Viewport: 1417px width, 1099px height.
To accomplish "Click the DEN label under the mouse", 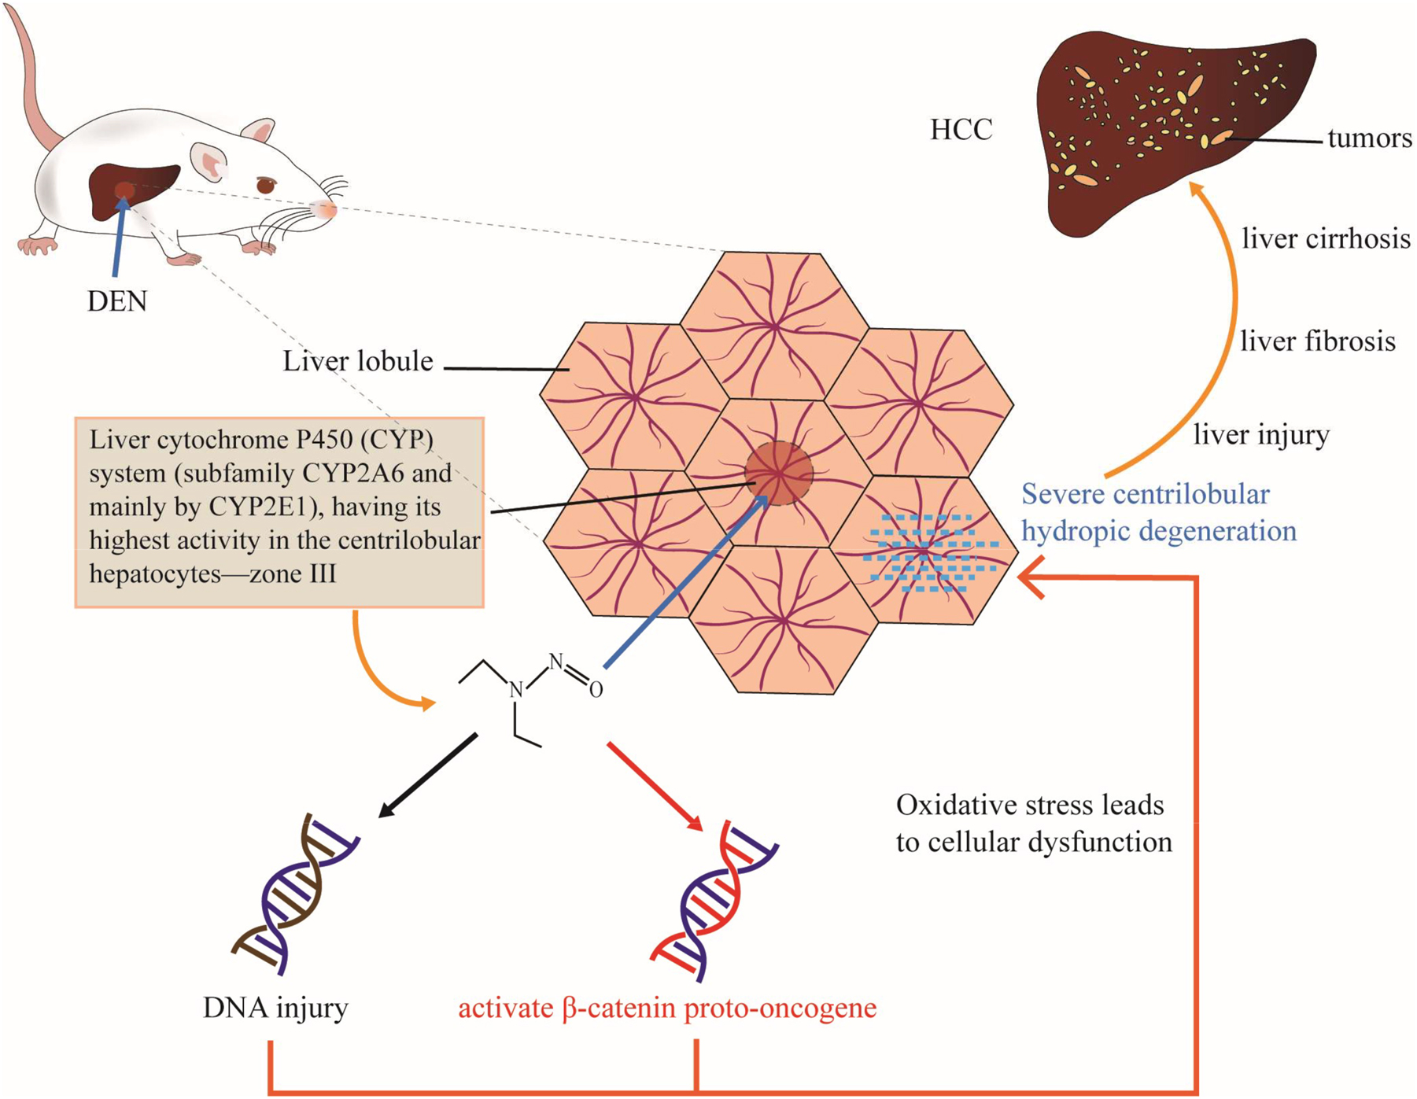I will click(x=116, y=301).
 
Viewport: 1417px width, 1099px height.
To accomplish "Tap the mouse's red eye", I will click(x=266, y=186).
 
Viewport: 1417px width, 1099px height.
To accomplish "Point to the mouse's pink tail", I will click(x=31, y=87).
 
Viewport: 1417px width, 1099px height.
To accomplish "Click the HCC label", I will click(x=961, y=130).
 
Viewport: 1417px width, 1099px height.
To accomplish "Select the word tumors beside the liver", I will click(x=1369, y=139).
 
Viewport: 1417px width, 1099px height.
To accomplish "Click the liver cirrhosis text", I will click(x=1326, y=238).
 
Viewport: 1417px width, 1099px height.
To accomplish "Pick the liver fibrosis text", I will click(x=1318, y=341).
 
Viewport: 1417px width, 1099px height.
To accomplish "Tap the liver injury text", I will click(x=1261, y=434).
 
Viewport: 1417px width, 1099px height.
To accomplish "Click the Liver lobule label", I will click(x=358, y=361).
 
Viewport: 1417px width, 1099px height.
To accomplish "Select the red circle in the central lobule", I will click(x=779, y=474).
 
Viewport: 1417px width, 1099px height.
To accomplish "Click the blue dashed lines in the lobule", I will click(x=928, y=553).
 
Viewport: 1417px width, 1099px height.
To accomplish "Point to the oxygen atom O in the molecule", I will click(x=596, y=690).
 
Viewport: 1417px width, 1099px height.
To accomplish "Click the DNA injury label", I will click(x=275, y=1008).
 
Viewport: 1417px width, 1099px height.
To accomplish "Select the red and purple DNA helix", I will click(x=712, y=901).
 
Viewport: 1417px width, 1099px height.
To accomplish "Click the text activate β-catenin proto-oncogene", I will click(x=667, y=1008).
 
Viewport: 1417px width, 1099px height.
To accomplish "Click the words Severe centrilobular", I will click(x=1145, y=495).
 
